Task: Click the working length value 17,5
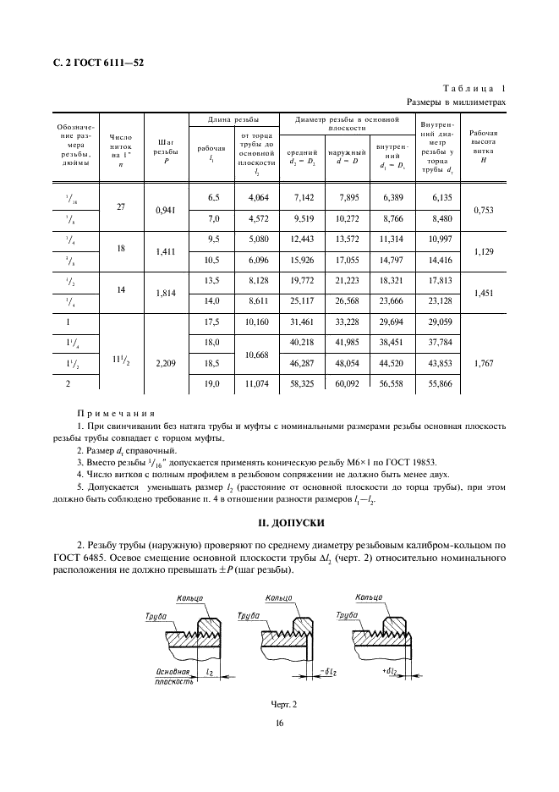coord(213,322)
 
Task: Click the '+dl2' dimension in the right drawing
coord(392,671)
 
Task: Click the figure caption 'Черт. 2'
coord(278,704)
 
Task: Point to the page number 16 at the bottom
coord(278,723)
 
